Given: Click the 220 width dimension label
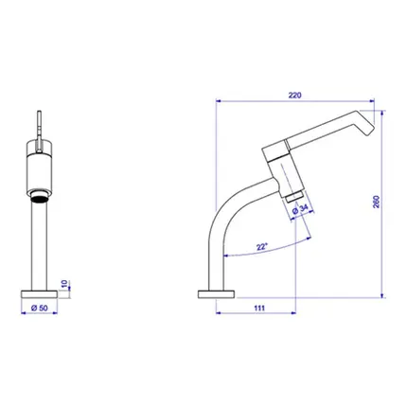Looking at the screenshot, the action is pyautogui.click(x=294, y=95).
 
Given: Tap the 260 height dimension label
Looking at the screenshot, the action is pyautogui.click(x=377, y=202).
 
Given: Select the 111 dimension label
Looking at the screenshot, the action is pyautogui.click(x=259, y=308).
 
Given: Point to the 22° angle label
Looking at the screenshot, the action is pyautogui.click(x=262, y=246).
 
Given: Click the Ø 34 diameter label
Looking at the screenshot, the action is pyautogui.click(x=300, y=209).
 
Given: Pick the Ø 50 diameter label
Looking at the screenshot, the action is pyautogui.click(x=40, y=308).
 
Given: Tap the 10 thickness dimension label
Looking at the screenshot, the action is pyautogui.click(x=64, y=284).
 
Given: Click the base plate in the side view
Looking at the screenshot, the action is pyautogui.click(x=216, y=294).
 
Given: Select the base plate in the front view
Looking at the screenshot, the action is pyautogui.click(x=39, y=294).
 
